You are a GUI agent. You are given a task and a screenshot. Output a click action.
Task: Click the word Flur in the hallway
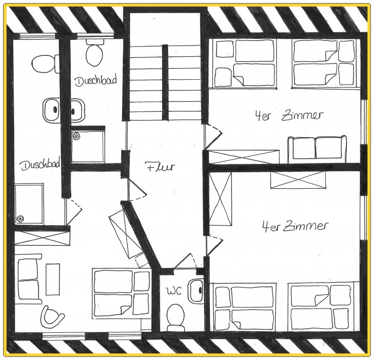(x=160, y=167)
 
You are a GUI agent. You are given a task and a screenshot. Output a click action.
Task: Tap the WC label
(x=174, y=291)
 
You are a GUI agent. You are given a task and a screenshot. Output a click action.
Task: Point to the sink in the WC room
(x=196, y=290)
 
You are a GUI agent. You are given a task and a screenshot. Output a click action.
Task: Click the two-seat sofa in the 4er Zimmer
(x=317, y=149)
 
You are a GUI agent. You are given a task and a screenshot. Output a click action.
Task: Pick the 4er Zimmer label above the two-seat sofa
(x=290, y=116)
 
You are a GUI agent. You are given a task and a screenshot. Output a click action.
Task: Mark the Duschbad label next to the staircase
(x=96, y=81)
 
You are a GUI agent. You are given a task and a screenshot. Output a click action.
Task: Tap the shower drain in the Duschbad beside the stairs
(x=76, y=136)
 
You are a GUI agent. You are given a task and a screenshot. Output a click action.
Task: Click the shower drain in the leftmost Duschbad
(x=20, y=218)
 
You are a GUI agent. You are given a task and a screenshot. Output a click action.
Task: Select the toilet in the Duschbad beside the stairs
(x=95, y=53)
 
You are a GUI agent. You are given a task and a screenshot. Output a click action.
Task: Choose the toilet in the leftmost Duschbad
(x=46, y=64)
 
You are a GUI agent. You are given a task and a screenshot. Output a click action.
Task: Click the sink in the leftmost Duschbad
(x=51, y=110)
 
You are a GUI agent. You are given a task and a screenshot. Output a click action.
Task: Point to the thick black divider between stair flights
(x=165, y=82)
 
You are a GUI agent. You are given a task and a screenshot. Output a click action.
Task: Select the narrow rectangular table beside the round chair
(x=53, y=279)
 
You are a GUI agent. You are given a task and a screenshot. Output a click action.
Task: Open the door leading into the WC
(x=185, y=261)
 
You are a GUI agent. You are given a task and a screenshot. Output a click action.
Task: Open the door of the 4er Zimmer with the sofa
(x=213, y=137)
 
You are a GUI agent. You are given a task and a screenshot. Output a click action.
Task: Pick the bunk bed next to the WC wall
(x=121, y=293)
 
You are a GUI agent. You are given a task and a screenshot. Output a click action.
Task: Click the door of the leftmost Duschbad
(x=74, y=211)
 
